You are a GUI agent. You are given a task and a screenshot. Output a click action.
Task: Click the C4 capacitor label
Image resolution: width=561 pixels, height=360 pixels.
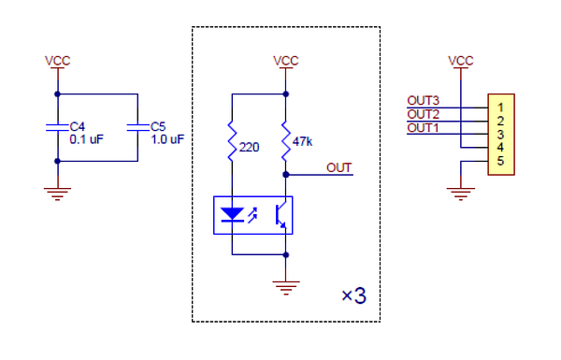tap(78, 126)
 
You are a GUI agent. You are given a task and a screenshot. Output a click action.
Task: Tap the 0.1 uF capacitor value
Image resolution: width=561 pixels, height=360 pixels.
tap(87, 139)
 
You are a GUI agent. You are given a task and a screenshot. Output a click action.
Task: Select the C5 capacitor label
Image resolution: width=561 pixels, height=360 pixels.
tap(158, 126)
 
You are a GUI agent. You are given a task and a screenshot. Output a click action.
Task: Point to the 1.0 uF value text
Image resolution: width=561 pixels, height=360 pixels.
tap(167, 139)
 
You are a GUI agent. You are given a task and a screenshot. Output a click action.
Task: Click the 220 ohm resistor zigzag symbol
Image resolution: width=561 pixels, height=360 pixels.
tap(232, 141)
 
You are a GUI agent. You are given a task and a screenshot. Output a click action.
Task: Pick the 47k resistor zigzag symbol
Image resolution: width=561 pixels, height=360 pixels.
tap(285, 141)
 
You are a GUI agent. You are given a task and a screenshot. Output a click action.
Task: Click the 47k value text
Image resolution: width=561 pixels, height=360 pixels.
tap(302, 142)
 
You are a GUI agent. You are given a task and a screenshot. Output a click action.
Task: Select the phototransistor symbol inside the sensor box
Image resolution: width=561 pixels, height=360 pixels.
tap(280, 215)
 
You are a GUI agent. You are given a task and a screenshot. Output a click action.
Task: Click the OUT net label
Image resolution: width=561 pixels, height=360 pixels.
tap(338, 167)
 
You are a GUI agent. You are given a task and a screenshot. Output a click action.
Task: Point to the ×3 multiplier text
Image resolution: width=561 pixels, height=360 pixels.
tap(353, 295)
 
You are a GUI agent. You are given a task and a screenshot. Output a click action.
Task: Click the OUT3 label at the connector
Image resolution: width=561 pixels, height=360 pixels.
tap(423, 101)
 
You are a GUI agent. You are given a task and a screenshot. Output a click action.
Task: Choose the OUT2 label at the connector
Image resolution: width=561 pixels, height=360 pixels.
tap(423, 114)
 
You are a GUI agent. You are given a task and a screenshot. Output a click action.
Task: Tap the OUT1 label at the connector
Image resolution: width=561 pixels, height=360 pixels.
tap(423, 128)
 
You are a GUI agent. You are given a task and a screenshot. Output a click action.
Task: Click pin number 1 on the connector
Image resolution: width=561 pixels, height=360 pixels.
tap(500, 108)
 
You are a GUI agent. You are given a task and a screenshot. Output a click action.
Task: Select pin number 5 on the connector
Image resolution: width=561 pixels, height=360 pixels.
tap(500, 161)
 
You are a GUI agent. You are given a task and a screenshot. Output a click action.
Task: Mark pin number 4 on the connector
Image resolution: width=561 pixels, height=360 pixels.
tap(500, 148)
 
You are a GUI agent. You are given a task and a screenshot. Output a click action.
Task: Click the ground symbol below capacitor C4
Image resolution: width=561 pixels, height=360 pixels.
tap(57, 194)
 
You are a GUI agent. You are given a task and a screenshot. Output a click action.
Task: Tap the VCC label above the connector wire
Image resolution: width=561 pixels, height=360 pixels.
tap(460, 61)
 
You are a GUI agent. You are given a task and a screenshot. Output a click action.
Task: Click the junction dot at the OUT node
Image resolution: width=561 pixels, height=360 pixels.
tap(285, 175)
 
